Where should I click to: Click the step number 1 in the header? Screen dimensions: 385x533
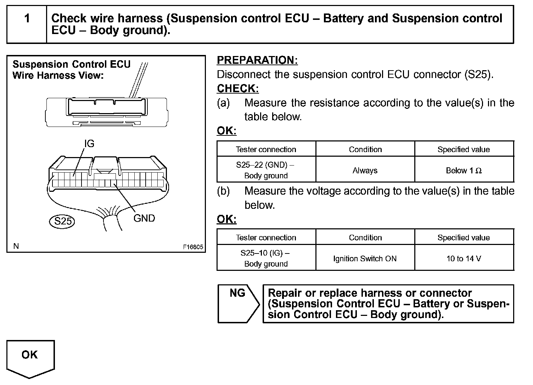tap(27, 18)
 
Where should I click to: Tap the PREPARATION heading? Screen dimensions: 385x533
tap(257, 60)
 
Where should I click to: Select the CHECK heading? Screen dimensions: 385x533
tap(238, 89)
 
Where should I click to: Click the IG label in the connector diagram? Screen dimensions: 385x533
tap(89, 143)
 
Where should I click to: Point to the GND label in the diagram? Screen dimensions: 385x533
tap(144, 218)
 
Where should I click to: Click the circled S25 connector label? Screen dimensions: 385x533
tap(63, 221)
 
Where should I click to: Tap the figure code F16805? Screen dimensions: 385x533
tap(193, 247)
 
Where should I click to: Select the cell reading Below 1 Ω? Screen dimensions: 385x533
tap(464, 171)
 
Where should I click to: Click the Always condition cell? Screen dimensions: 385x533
tap(365, 171)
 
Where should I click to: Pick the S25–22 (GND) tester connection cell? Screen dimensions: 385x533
tap(266, 170)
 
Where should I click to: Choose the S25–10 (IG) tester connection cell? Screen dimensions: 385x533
tap(266, 258)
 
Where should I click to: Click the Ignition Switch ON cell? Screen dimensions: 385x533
tap(365, 259)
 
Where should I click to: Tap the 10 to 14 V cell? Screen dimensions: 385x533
tap(464, 259)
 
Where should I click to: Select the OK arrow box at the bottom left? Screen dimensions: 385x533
tap(30, 356)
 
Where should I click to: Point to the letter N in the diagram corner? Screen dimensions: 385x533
tap(16, 246)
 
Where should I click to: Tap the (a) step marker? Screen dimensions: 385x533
tap(223, 103)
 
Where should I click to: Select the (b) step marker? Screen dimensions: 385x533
tap(223, 191)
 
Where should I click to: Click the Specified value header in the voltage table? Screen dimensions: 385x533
tap(464, 238)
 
